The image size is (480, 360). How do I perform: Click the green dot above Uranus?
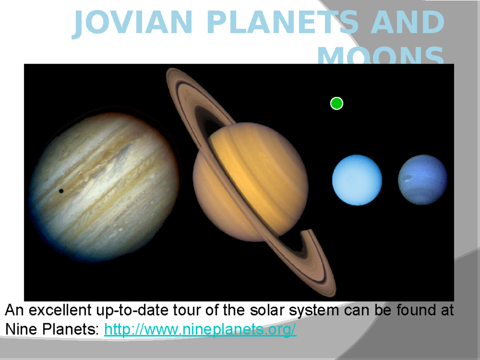click(x=337, y=104)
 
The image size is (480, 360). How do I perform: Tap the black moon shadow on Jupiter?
click(x=61, y=191)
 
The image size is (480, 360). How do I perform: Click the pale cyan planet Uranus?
click(x=357, y=180)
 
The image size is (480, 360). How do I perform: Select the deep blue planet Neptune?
click(x=423, y=180)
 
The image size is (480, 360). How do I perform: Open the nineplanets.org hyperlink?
click(x=200, y=330)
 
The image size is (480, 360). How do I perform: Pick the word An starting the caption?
click(x=14, y=311)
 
